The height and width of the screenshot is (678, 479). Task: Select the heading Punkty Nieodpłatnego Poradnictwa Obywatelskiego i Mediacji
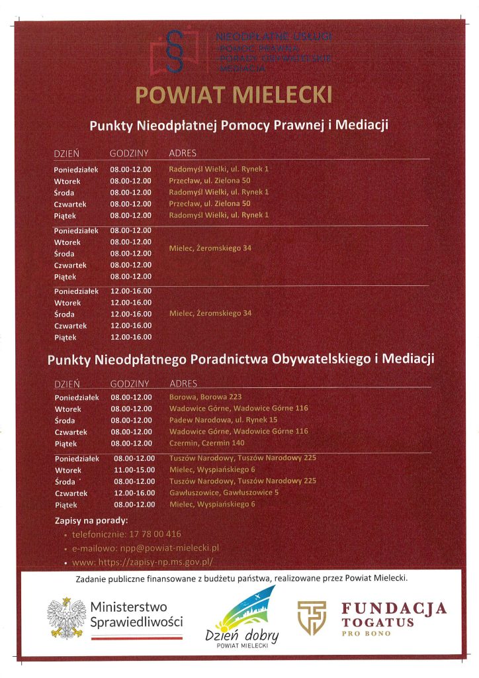click(240, 360)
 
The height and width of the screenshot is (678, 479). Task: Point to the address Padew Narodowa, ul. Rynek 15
click(223, 420)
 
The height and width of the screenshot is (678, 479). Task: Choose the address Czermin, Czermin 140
click(206, 443)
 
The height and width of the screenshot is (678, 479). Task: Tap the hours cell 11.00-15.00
click(134, 469)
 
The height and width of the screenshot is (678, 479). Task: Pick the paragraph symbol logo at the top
click(175, 50)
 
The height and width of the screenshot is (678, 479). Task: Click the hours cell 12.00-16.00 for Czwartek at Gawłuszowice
click(134, 493)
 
